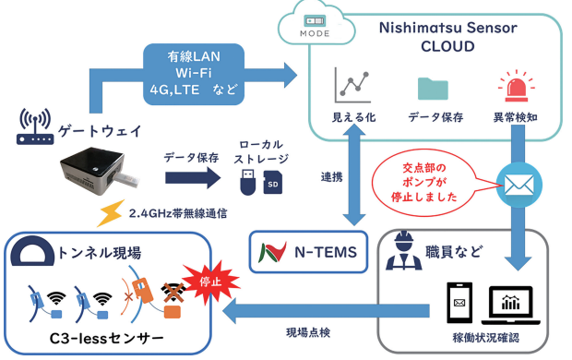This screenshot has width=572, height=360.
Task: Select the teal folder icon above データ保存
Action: [432, 88]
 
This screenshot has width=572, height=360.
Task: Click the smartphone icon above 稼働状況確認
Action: [459, 306]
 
